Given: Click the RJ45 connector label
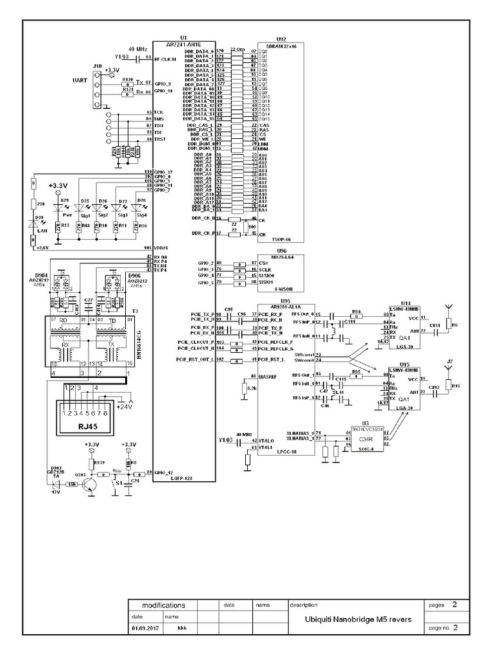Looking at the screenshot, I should (x=88, y=427).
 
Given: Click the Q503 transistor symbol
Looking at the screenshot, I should (x=92, y=481).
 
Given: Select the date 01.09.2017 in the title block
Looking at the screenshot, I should (x=144, y=627).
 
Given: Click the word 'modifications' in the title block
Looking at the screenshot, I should (x=163, y=605).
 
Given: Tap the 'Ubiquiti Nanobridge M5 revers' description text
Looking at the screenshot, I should (x=359, y=619).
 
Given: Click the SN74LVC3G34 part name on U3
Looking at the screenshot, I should (x=367, y=429).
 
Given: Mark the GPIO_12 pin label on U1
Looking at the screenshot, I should (x=164, y=473).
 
